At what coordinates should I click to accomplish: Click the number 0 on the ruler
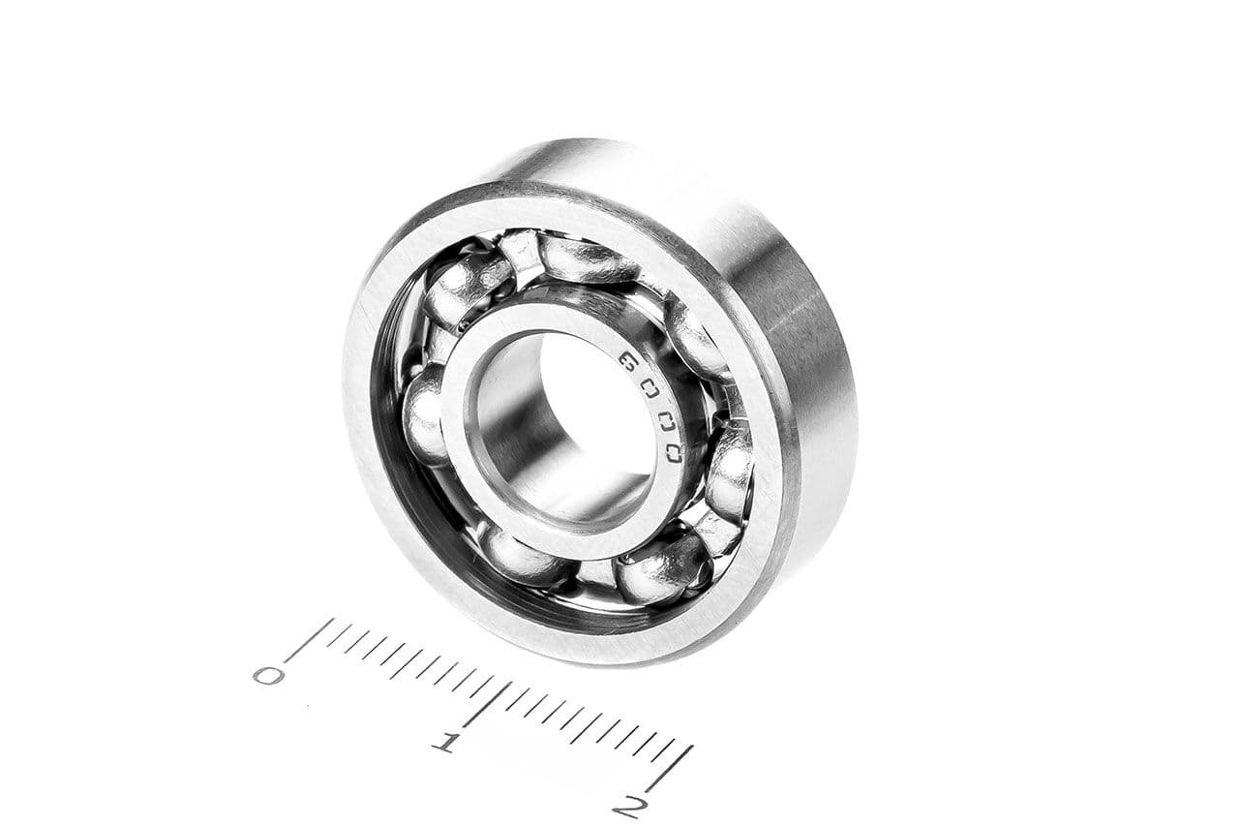[269, 674]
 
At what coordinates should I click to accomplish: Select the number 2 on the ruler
[630, 808]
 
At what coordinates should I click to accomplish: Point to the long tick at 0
[310, 639]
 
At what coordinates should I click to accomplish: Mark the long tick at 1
[487, 705]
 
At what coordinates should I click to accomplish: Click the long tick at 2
[669, 769]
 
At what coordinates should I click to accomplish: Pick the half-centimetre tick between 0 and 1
[398, 669]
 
